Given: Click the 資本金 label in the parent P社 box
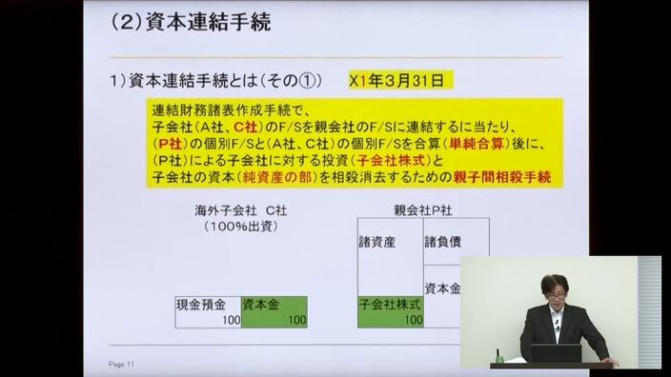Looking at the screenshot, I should pyautogui.click(x=442, y=288).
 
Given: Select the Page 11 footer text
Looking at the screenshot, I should pyautogui.click(x=124, y=365).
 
